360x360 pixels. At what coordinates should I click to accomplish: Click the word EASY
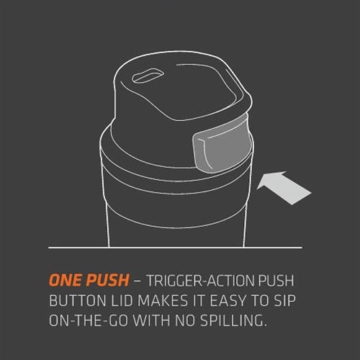[x=230, y=300]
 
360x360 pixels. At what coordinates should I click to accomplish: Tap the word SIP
[x=284, y=300]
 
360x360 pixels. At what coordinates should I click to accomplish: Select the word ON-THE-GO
[x=88, y=320]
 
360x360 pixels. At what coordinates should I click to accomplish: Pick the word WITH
[x=152, y=320]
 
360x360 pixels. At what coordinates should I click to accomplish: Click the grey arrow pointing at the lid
[x=284, y=188]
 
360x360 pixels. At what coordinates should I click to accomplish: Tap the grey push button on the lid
[x=222, y=150]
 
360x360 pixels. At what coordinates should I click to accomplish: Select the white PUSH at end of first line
[x=276, y=280]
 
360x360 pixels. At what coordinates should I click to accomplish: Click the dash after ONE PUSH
[x=138, y=281]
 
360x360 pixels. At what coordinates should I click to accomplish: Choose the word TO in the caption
[x=261, y=300]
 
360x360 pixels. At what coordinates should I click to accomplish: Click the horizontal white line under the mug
[x=175, y=247]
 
